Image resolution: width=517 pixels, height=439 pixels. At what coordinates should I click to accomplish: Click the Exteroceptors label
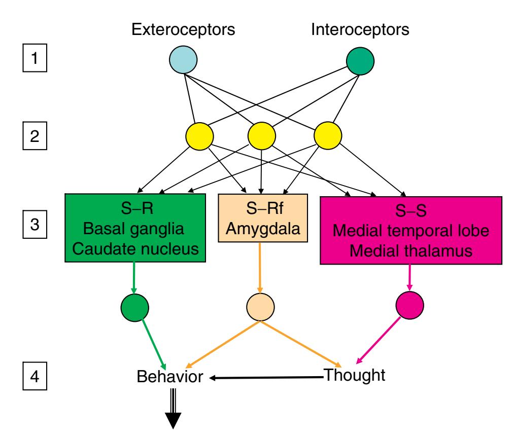pyautogui.click(x=183, y=29)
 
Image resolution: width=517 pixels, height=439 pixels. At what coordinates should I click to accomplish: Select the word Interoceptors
pyautogui.click(x=360, y=29)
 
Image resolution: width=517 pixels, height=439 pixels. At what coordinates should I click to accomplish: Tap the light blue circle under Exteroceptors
pyautogui.click(x=183, y=61)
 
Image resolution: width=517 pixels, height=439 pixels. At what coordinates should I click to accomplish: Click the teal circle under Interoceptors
pyautogui.click(x=360, y=61)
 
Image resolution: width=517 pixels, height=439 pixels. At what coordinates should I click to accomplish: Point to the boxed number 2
pyautogui.click(x=34, y=138)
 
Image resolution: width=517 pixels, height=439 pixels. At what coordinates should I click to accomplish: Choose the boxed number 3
pyautogui.click(x=34, y=225)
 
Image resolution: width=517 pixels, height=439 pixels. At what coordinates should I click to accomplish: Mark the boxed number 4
pyautogui.click(x=34, y=377)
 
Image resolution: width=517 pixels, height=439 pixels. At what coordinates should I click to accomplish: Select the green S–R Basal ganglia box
pyautogui.click(x=135, y=227)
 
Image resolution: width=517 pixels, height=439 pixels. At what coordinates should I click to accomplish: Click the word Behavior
pyautogui.click(x=170, y=378)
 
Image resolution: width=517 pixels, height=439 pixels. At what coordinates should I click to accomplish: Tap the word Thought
pyautogui.click(x=354, y=376)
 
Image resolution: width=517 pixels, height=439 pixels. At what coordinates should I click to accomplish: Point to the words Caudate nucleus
pyautogui.click(x=135, y=249)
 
